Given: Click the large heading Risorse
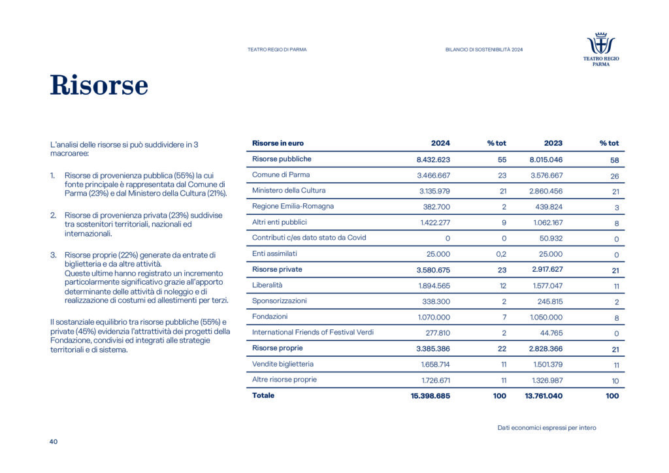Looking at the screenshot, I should (x=99, y=86).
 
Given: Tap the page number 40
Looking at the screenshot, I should (x=54, y=442).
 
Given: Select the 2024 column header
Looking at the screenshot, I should (x=440, y=143).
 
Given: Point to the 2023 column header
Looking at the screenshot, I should (x=553, y=143).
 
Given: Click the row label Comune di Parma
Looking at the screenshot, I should (x=281, y=175).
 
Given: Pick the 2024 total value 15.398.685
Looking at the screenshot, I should (x=426, y=396).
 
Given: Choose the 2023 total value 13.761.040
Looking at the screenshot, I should (x=539, y=396).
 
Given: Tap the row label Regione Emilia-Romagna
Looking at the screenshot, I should (x=293, y=206).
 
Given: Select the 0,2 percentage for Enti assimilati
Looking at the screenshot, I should (x=500, y=254).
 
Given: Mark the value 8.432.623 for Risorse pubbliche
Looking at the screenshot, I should (x=433, y=159).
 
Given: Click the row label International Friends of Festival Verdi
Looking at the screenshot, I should (x=313, y=333).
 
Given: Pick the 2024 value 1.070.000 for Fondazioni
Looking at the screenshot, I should (x=434, y=317).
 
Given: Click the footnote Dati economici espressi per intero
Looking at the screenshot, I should (x=546, y=428).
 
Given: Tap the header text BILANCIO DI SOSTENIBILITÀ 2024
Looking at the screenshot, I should (x=484, y=50).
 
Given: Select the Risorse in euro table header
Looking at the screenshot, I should (x=278, y=143).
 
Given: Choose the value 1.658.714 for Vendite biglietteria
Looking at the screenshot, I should (x=434, y=364).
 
